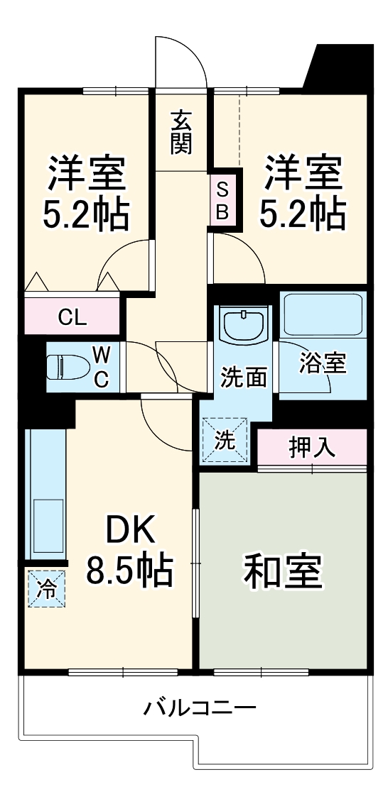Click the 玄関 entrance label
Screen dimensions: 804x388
[x=181, y=132]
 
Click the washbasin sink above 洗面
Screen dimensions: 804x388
[x=244, y=324]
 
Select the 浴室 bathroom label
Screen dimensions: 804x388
[x=323, y=364]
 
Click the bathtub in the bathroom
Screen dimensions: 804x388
[x=323, y=314]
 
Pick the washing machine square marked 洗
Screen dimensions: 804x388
[x=225, y=440]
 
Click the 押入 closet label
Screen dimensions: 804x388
[x=312, y=447]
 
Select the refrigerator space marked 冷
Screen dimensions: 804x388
[x=46, y=588]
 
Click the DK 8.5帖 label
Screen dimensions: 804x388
[x=130, y=550]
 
